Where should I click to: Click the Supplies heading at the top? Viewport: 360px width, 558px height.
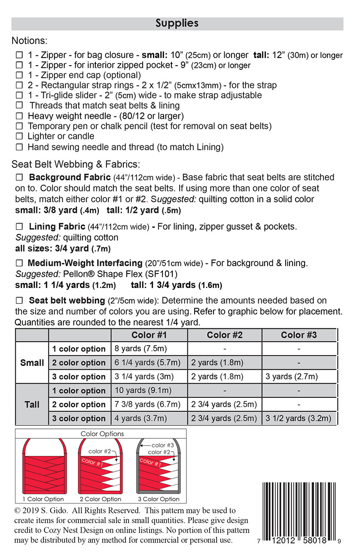[177, 23]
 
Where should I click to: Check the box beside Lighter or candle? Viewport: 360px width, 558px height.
[19, 136]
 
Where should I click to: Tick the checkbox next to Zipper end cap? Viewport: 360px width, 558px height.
[19, 75]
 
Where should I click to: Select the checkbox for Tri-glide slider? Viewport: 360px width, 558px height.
[19, 96]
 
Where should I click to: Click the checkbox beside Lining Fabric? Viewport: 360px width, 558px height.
[19, 226]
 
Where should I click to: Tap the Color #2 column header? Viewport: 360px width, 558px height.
[225, 335]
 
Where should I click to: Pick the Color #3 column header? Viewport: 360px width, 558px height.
[299, 335]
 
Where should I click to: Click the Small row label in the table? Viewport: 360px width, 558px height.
[32, 363]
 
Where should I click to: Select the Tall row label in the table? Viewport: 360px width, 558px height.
[32, 404]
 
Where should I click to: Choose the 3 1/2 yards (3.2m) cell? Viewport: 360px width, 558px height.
[298, 418]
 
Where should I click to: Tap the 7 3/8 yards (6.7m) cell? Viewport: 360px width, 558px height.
[147, 404]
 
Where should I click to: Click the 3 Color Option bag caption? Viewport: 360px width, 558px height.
[159, 499]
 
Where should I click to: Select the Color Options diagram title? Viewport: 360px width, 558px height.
[102, 434]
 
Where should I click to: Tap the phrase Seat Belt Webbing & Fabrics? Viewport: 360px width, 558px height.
[76, 164]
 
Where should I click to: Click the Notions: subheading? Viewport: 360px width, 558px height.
[30, 41]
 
